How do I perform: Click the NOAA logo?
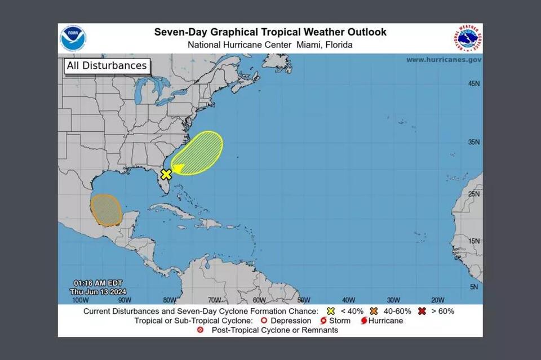pos(73,38)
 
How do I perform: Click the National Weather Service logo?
pos(467,38)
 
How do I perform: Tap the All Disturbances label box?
pos(107,66)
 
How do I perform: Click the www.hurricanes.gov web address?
pos(444,60)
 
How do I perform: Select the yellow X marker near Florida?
pos(166,174)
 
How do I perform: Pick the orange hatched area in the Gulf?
pos(107,210)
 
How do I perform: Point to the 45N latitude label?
pos(474,84)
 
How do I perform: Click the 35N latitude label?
pos(474,143)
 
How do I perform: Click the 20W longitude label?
pos(437,300)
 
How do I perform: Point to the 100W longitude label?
pos(80,300)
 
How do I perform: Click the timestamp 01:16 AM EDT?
pos(98,283)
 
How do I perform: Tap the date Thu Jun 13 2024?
pos(98,291)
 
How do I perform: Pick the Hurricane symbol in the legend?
pos(363,321)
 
